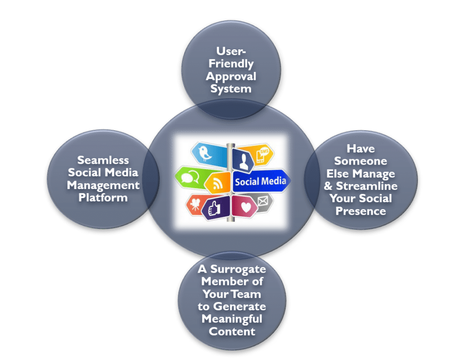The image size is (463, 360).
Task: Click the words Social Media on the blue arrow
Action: click(260, 181)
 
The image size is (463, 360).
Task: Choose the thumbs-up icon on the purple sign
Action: click(215, 208)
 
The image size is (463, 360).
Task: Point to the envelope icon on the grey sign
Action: click(264, 200)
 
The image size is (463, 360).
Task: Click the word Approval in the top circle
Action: click(231, 76)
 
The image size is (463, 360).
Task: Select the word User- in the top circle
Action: click(231, 52)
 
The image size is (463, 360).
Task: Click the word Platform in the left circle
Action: click(103, 198)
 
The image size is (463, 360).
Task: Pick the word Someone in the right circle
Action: click(360, 161)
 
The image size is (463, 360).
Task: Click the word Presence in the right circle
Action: click(360, 211)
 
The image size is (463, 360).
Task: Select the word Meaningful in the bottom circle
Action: click(231, 319)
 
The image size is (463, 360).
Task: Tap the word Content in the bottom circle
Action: click(231, 332)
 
